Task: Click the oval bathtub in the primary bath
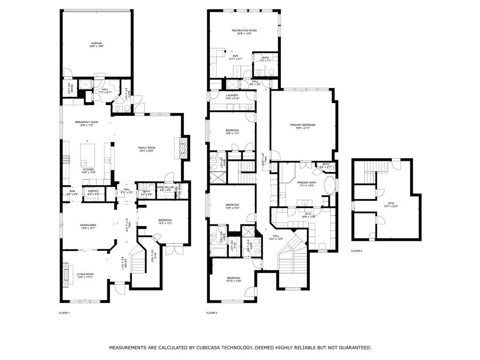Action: pyautogui.click(x=330, y=186)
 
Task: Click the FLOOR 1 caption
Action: pyautogui.click(x=64, y=313)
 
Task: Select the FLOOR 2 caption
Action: pyautogui.click(x=211, y=313)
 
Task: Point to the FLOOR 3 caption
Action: pyautogui.click(x=357, y=251)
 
